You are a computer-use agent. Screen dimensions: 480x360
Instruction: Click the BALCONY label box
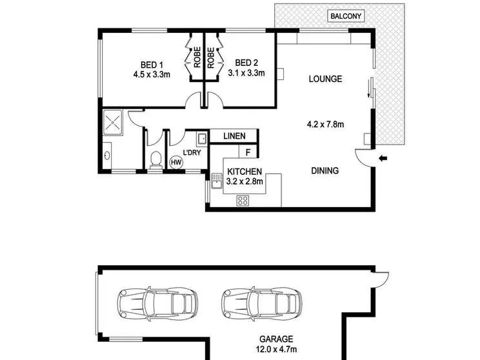pyautogui.click(x=346, y=16)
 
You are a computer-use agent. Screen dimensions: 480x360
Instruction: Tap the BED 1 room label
pyautogui.click(x=152, y=65)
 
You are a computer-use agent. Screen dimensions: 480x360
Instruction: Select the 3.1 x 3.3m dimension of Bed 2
pyautogui.click(x=246, y=73)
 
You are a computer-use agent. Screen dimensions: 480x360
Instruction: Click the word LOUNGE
pyautogui.click(x=325, y=79)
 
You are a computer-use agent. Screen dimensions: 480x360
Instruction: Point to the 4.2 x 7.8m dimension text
pyautogui.click(x=325, y=125)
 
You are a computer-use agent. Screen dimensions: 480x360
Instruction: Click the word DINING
pyautogui.click(x=325, y=171)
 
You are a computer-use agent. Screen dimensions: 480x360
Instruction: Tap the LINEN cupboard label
pyautogui.click(x=234, y=136)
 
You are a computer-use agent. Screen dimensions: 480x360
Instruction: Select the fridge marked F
pyautogui.click(x=248, y=152)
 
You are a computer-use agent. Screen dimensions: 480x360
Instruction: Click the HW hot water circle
pyautogui.click(x=176, y=162)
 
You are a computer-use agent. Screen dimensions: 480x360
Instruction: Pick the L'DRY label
pyautogui.click(x=192, y=152)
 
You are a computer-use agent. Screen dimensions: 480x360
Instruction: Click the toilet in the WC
pyautogui.click(x=156, y=160)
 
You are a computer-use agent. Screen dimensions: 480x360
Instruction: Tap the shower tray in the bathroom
pyautogui.click(x=113, y=122)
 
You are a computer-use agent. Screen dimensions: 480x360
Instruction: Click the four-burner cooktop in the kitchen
pyautogui.click(x=243, y=201)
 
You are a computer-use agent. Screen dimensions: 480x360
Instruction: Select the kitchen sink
pyautogui.click(x=217, y=181)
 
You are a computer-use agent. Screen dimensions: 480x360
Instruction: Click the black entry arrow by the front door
pyautogui.click(x=383, y=158)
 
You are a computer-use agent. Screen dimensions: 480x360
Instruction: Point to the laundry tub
pyautogui.click(x=202, y=139)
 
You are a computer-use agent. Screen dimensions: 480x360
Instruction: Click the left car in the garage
pyautogui.click(x=157, y=304)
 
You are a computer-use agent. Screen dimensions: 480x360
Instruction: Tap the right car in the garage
pyautogui.click(x=262, y=304)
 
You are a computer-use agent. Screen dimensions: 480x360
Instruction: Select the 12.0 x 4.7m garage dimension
pyautogui.click(x=276, y=349)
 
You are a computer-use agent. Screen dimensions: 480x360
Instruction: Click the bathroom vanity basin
pyautogui.click(x=107, y=155)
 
